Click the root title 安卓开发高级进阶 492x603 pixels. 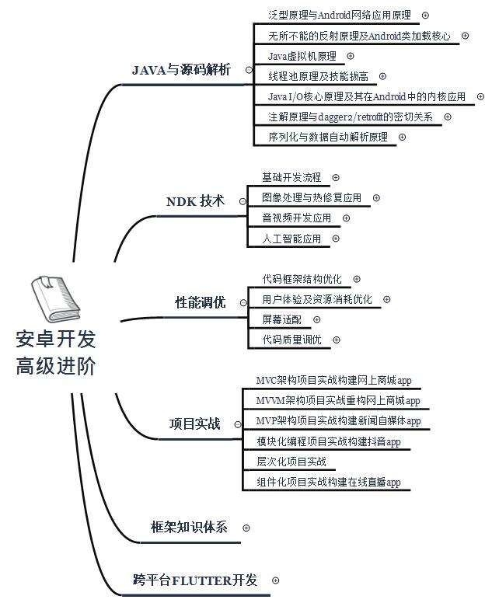pyautogui.click(x=56, y=353)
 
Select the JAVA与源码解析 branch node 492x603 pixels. pyautogui.click(x=181, y=70)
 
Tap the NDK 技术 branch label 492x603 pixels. pyautogui.click(x=195, y=201)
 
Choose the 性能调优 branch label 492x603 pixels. pyautogui.click(x=201, y=302)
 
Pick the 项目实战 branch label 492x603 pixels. pyautogui.click(x=194, y=424)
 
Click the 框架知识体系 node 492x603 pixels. pyautogui.click(x=189, y=527)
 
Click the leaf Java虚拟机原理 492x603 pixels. pyautogui.click(x=302, y=56)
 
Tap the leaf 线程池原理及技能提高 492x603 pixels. pyautogui.click(x=318, y=76)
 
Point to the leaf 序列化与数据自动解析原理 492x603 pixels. pyautogui.click(x=327, y=137)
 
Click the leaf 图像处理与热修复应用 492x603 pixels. pyautogui.click(x=311, y=198)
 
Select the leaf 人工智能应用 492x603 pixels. pyautogui.click(x=291, y=239)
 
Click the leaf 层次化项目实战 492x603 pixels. pyautogui.click(x=291, y=462)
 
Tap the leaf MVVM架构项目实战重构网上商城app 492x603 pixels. pyautogui.click(x=337, y=401)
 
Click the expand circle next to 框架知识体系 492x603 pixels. pyautogui.click(x=246, y=527)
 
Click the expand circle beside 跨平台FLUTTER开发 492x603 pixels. pyautogui.click(x=275, y=580)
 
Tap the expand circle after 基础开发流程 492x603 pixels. pyautogui.click(x=336, y=178)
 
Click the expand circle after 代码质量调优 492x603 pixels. pyautogui.click(x=336, y=340)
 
